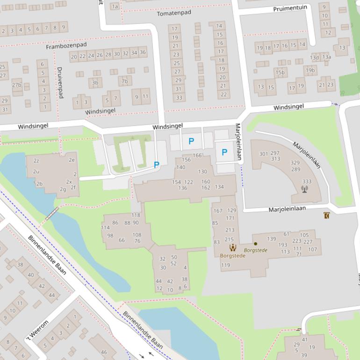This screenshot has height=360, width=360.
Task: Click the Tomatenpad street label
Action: [x=174, y=13]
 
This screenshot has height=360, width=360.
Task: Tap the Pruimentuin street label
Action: [x=290, y=8]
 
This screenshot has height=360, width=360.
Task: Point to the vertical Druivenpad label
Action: [x=60, y=82]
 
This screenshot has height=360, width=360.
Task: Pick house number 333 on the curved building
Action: [x=307, y=181]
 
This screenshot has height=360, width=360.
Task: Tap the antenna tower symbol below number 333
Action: [x=305, y=189]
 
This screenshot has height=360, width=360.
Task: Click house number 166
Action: [x=197, y=156]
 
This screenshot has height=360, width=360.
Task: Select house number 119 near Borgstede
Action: [x=225, y=265]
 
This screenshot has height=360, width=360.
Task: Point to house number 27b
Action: [x=17, y=85]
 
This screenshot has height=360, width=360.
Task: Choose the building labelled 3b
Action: [x=95, y=83]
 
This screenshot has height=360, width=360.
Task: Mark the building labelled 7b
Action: [x=125, y=81]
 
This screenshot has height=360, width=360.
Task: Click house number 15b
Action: [x=280, y=72]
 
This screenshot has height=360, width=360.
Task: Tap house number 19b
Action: [x=310, y=71]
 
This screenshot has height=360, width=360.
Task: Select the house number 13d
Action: [x=315, y=58]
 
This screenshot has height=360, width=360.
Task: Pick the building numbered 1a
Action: [x=115, y=6]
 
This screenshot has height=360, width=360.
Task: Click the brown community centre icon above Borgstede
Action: [x=232, y=247]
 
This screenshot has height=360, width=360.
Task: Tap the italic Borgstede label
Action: [x=256, y=250]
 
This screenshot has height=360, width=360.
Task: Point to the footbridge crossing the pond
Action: [x=52, y=213]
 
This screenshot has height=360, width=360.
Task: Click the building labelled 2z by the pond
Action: [x=36, y=161]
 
